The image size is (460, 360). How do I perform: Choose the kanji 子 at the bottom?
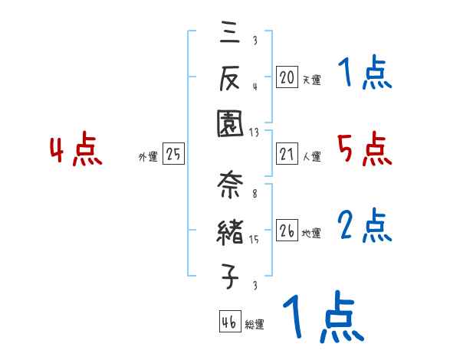[x=229, y=276]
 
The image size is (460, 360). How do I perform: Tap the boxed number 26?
[x=287, y=230]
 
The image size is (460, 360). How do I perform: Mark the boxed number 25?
[x=173, y=154]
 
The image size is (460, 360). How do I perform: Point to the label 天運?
[x=311, y=79]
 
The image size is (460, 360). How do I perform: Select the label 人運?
[x=311, y=156]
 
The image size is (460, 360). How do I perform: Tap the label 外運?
[x=148, y=157]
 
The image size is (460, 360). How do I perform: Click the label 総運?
[x=255, y=325]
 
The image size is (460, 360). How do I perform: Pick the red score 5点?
[x=364, y=149]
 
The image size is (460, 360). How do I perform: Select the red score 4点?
[x=76, y=150]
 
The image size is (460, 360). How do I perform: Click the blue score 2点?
[x=364, y=226]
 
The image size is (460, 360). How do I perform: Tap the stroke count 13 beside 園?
[x=254, y=132]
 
